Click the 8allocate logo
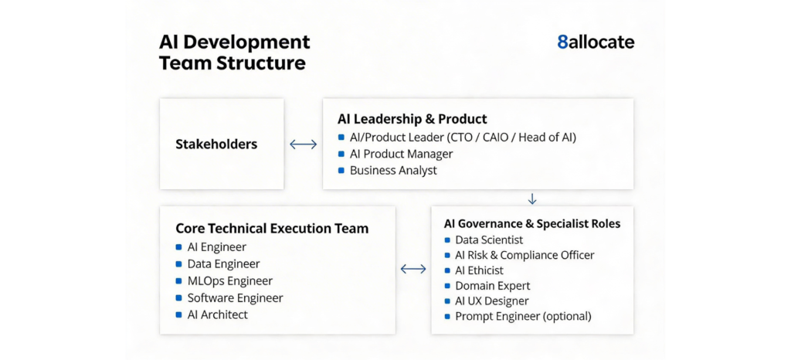coord(596,42)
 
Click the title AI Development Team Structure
coord(234,53)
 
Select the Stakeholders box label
coord(216,144)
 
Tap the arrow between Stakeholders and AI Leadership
coord(303,144)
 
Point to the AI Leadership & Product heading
coord(412,119)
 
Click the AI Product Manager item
coord(401,154)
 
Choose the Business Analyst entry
coord(393,170)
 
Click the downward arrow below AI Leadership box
coord(531,199)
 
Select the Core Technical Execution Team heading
coord(272,229)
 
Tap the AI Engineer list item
coord(216,247)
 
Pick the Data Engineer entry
coord(223,264)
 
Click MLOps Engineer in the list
coord(229,281)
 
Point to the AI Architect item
coord(217,314)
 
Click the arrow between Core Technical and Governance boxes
coord(414,269)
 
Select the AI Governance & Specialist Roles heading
coord(532,224)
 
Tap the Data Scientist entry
coord(489,240)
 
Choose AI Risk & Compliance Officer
coord(525,255)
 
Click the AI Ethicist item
coord(479,270)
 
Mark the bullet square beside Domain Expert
coord(447,286)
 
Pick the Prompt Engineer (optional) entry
coord(523,316)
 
